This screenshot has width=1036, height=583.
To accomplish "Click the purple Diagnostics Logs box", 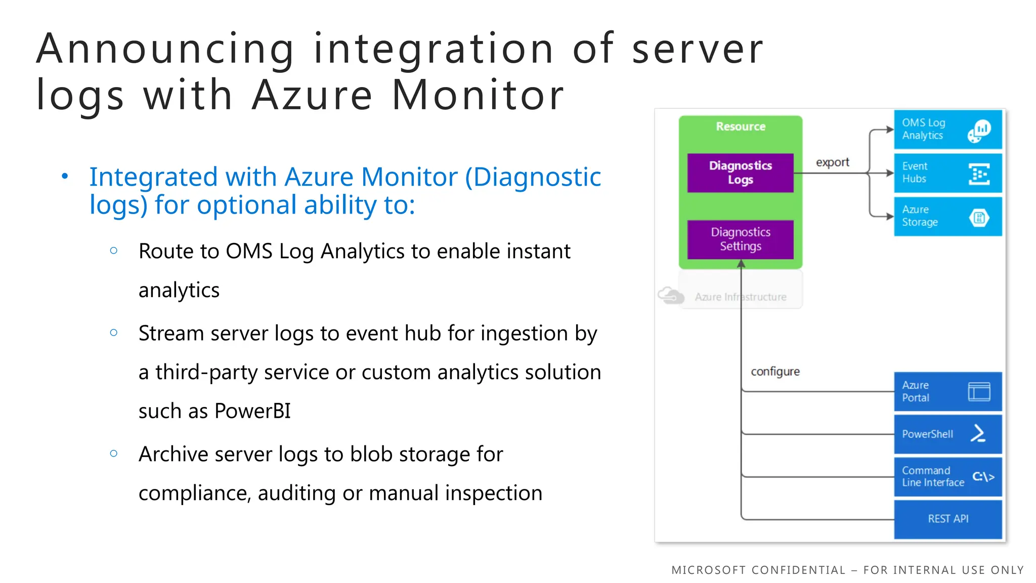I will pyautogui.click(x=740, y=173).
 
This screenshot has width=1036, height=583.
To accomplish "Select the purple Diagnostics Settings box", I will pyautogui.click(x=740, y=239).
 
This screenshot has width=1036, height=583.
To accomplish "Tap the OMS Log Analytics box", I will pyautogui.click(x=947, y=130).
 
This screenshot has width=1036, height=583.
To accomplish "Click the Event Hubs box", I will pyautogui.click(x=947, y=173).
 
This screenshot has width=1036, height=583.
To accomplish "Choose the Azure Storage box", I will pyautogui.click(x=947, y=217).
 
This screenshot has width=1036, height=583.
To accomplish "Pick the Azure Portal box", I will pyautogui.click(x=947, y=392).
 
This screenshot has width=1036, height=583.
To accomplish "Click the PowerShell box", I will pyautogui.click(x=947, y=434).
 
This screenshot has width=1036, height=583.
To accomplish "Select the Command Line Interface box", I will pyautogui.click(x=947, y=477).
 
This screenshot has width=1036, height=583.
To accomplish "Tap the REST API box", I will pyautogui.click(x=947, y=519).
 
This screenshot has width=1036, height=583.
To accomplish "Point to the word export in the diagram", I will pyautogui.click(x=832, y=162).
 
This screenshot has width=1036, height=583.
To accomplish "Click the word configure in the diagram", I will pyautogui.click(x=775, y=372).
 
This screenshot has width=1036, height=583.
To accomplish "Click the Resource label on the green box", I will pyautogui.click(x=741, y=127).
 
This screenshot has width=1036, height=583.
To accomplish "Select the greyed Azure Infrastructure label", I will pyautogui.click(x=741, y=297).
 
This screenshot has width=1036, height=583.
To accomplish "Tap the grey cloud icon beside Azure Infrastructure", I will pyautogui.click(x=670, y=295).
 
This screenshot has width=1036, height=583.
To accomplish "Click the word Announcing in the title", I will pyautogui.click(x=165, y=49).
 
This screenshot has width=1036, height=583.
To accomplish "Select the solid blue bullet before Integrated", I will pyautogui.click(x=65, y=177).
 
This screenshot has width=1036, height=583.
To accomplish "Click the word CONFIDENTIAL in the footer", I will pyautogui.click(x=798, y=570).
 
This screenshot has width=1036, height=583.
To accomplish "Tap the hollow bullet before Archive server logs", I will pyautogui.click(x=114, y=454).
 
